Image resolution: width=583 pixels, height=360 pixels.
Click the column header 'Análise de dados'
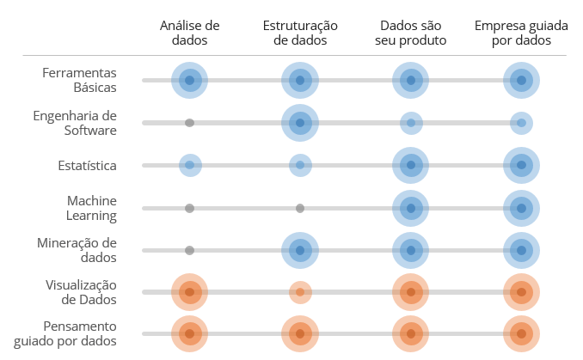[190, 34]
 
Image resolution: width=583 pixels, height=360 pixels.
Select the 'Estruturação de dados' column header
[300, 34]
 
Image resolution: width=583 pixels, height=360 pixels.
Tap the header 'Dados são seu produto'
[410, 34]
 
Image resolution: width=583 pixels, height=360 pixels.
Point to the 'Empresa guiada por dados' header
[520, 34]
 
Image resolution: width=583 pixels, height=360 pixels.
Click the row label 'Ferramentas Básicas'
[79, 80]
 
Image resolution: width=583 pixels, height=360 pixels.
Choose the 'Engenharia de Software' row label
[74, 123]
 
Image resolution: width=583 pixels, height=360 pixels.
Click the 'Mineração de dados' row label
[78, 250]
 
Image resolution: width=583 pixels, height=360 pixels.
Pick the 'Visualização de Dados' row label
[81, 292]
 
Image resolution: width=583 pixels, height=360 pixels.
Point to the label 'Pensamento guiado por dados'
[80, 334]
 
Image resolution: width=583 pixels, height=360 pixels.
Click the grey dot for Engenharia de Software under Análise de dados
[189, 123]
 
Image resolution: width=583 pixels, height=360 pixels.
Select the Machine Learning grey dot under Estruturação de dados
[300, 208]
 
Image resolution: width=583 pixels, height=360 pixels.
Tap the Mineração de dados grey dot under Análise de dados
[189, 250]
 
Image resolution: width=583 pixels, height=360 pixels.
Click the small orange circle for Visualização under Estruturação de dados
[300, 292]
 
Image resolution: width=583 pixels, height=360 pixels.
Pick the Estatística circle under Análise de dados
[190, 165]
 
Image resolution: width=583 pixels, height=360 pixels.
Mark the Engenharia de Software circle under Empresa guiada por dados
[520, 123]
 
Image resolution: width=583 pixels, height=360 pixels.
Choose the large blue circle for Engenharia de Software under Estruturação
[300, 123]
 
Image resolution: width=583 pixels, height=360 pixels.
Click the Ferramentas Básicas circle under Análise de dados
[190, 80]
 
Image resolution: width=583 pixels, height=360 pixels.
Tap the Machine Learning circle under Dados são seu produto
[410, 208]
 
